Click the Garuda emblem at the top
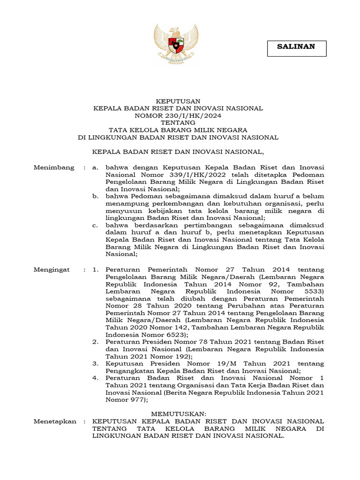click(x=177, y=44)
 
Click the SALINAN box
click(x=296, y=46)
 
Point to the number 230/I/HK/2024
click(x=197, y=115)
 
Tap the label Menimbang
click(x=54, y=167)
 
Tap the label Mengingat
click(x=52, y=270)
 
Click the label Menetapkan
click(x=55, y=421)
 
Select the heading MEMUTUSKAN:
click(x=178, y=414)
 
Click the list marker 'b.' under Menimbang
click(x=95, y=196)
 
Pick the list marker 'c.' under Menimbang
click(x=95, y=225)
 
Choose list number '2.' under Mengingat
click(x=95, y=343)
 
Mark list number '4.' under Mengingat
click(x=95, y=378)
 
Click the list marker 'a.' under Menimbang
click(x=95, y=167)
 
